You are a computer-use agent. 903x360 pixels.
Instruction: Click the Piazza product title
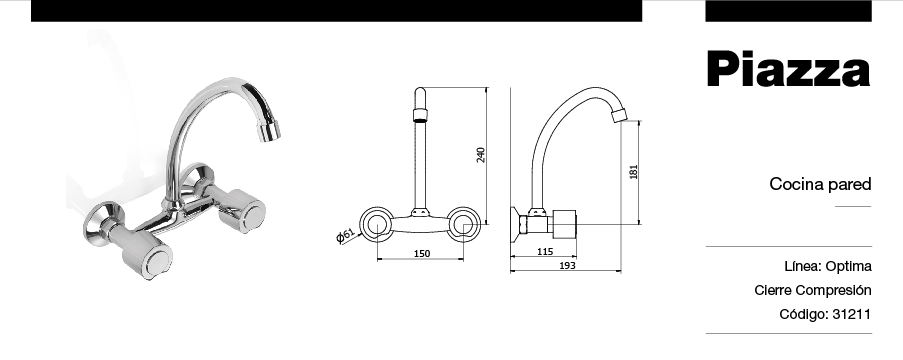(788, 69)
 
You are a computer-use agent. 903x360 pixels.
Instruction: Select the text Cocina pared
(820, 184)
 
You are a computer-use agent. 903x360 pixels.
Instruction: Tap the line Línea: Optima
(828, 266)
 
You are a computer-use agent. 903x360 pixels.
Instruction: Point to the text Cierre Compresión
(813, 290)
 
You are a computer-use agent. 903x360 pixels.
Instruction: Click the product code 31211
(852, 314)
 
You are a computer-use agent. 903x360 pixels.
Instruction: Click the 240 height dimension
(481, 155)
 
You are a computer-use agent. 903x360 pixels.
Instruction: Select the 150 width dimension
(422, 253)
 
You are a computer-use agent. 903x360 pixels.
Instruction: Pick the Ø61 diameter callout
(345, 236)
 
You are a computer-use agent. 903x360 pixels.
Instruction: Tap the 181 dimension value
(634, 172)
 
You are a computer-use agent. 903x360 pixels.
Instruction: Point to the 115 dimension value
(545, 251)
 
